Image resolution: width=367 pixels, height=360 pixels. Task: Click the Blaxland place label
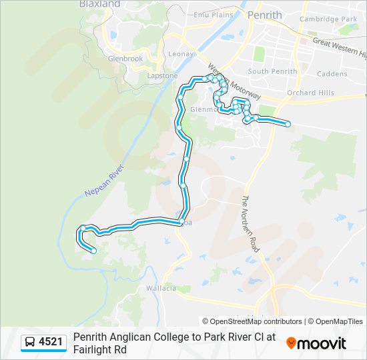pyautogui.click(x=99, y=4)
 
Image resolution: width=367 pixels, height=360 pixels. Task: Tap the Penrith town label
pyautogui.click(x=265, y=15)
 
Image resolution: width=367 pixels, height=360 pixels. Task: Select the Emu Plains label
pyautogui.click(x=213, y=14)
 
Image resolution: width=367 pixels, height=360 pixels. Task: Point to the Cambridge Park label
pyautogui.click(x=328, y=19)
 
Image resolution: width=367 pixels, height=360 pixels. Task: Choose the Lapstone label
pyautogui.click(x=163, y=75)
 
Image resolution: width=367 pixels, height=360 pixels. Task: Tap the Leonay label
pyautogui.click(x=180, y=54)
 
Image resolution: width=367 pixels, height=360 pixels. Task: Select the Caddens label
pyautogui.click(x=332, y=74)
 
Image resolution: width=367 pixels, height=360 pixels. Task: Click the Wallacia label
pyautogui.click(x=161, y=288)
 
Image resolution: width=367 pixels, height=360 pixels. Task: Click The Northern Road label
pyautogui.click(x=255, y=224)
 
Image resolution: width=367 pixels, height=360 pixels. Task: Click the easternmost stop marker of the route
pyautogui.click(x=288, y=124)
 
